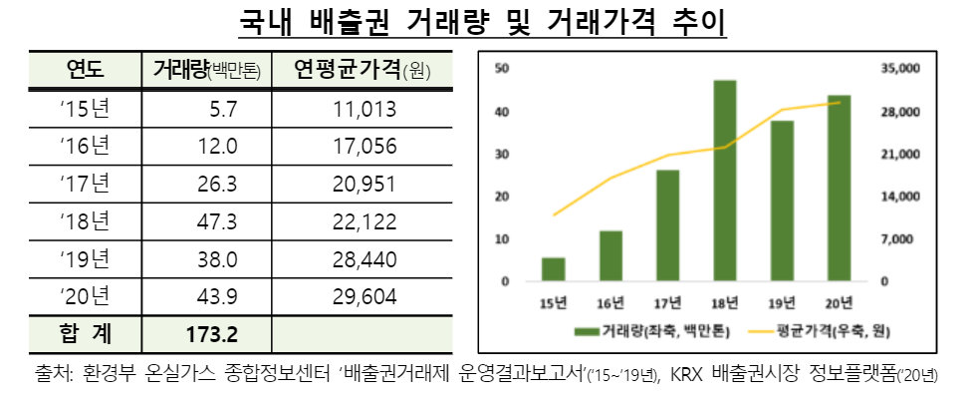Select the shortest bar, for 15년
[553, 269]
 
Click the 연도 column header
[86, 69]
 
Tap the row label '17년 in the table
[86, 184]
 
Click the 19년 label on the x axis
[782, 302]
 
